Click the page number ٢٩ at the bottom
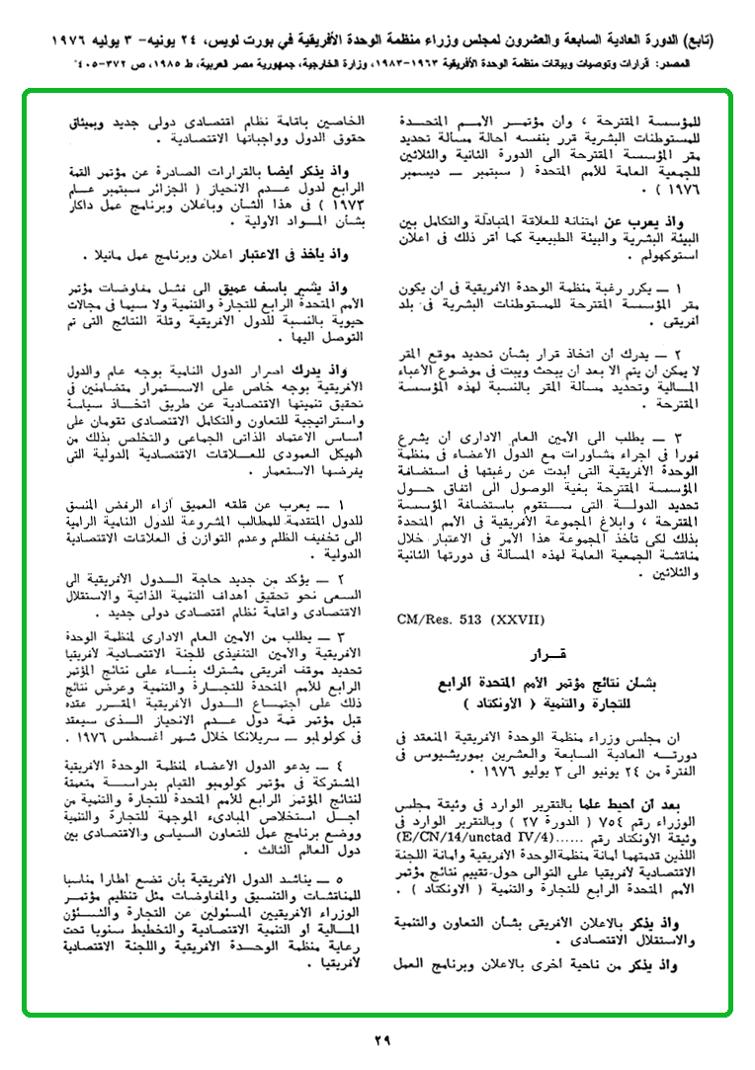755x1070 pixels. click(382, 1038)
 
